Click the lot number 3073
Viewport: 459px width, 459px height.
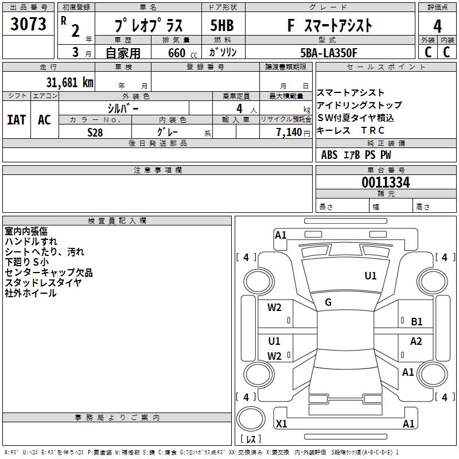(29, 24)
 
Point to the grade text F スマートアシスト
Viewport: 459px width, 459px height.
(329, 26)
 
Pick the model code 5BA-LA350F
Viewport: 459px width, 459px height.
(329, 53)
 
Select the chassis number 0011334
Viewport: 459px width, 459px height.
(386, 183)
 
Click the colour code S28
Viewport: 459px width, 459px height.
(95, 132)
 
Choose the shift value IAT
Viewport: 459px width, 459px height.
(17, 120)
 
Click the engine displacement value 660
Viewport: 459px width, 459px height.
(177, 53)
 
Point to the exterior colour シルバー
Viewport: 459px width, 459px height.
(123, 108)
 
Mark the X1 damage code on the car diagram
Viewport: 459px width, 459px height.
(282, 424)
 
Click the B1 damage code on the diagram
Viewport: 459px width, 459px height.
(417, 322)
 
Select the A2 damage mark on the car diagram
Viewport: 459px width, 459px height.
(416, 341)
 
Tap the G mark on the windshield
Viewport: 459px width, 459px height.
(328, 302)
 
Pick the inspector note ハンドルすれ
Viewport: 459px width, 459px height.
(31, 242)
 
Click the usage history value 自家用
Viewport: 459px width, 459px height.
(123, 53)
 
